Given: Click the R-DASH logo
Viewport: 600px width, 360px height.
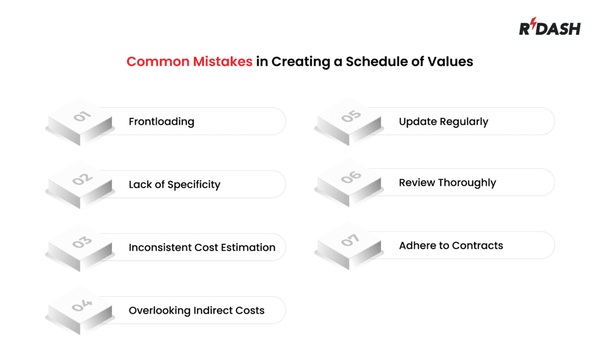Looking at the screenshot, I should (549, 28).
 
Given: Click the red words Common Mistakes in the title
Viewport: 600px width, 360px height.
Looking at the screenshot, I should (189, 61).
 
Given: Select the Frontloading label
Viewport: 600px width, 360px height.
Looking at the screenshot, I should (161, 122).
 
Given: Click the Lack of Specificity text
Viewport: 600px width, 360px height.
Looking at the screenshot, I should (175, 185).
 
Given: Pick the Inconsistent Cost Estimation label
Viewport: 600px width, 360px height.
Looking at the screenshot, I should (202, 247).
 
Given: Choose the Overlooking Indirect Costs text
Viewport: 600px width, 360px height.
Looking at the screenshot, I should (196, 310).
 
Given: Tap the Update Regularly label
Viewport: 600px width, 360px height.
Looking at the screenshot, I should (444, 122).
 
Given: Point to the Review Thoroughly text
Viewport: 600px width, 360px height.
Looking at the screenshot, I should (447, 183).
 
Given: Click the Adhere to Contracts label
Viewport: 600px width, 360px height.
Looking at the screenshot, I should (451, 246).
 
